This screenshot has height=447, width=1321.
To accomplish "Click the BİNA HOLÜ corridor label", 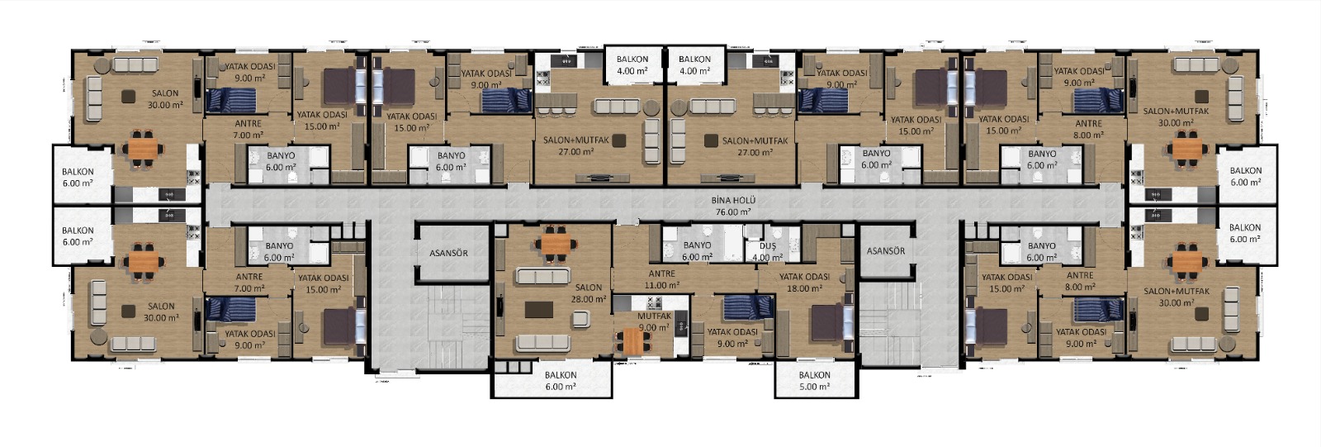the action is click(733, 201).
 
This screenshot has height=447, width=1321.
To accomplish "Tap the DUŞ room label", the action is click(767, 246).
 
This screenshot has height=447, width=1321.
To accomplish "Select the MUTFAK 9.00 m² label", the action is click(654, 321).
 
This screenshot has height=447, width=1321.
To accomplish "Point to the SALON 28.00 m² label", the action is click(589, 293).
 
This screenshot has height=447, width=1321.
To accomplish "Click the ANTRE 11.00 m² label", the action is click(661, 279).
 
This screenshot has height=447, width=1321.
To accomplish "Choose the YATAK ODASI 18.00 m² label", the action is click(804, 283).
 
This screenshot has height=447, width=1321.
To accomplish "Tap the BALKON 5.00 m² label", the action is click(814, 381).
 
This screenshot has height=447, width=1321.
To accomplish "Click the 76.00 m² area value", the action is click(733, 212).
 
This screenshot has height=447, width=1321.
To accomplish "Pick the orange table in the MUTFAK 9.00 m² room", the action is click(632, 341).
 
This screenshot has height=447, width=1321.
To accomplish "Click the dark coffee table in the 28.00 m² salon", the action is click(539, 309).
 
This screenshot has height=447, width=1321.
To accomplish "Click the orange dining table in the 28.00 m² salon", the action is click(556, 243).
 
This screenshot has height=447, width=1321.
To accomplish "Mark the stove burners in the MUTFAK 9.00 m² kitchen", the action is click(655, 303).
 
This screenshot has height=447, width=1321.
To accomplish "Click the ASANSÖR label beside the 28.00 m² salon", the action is click(449, 253).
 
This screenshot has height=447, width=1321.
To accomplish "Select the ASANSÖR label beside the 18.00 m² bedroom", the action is click(886, 251).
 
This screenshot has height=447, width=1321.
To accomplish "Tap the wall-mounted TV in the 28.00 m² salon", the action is click(501, 309).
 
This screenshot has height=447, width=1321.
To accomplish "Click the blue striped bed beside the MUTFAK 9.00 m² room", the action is click(748, 307).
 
